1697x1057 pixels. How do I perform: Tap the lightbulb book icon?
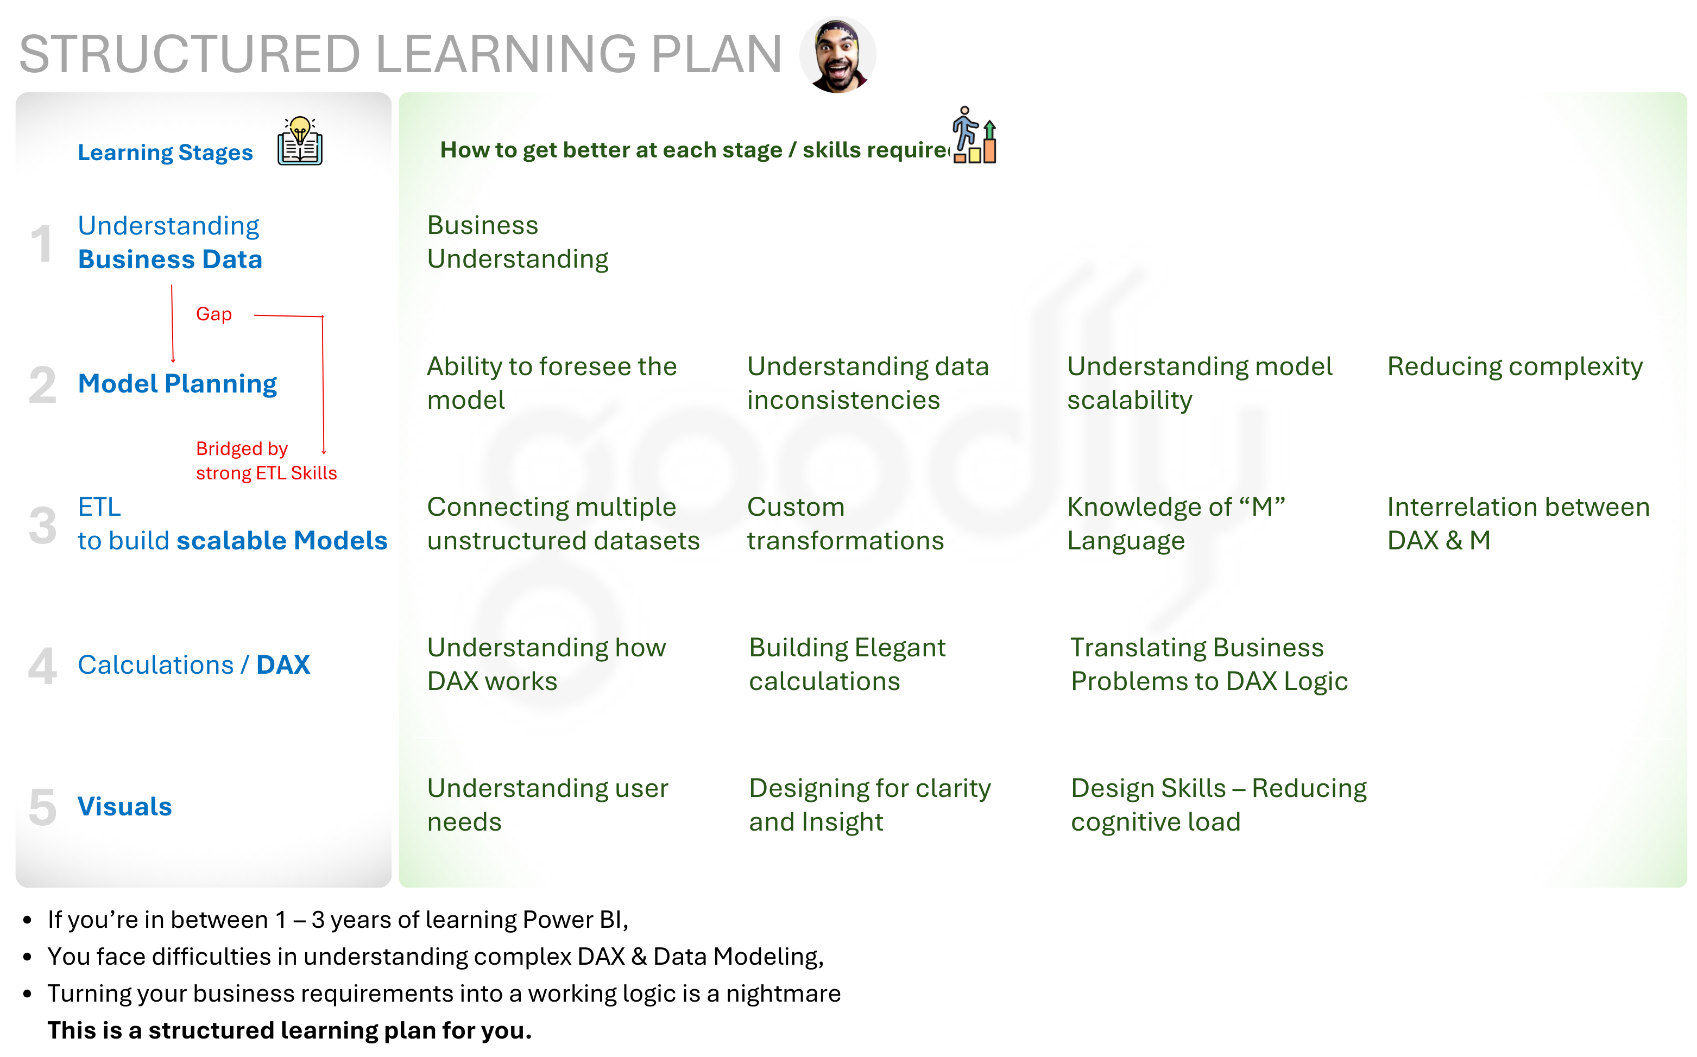pos(300,141)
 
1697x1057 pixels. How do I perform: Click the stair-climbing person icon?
pos(974,135)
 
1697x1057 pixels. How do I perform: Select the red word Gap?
pos(213,314)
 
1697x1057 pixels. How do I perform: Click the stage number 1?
pos(41,244)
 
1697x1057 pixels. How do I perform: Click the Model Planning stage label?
pos(177,384)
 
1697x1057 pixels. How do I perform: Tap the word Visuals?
pos(124,806)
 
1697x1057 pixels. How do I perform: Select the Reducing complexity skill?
pos(1515,366)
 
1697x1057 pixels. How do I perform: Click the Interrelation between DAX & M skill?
pos(1518,523)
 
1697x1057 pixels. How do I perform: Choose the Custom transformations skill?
pos(846,523)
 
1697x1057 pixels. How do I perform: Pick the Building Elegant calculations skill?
pos(847,664)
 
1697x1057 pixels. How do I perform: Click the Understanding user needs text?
pos(547,805)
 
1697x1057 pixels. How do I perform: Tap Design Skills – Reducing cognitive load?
pos(1219,805)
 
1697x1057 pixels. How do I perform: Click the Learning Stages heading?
pos(165,153)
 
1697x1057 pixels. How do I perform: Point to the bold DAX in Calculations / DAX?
pos(283,665)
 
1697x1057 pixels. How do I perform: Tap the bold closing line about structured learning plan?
pos(289,1030)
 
